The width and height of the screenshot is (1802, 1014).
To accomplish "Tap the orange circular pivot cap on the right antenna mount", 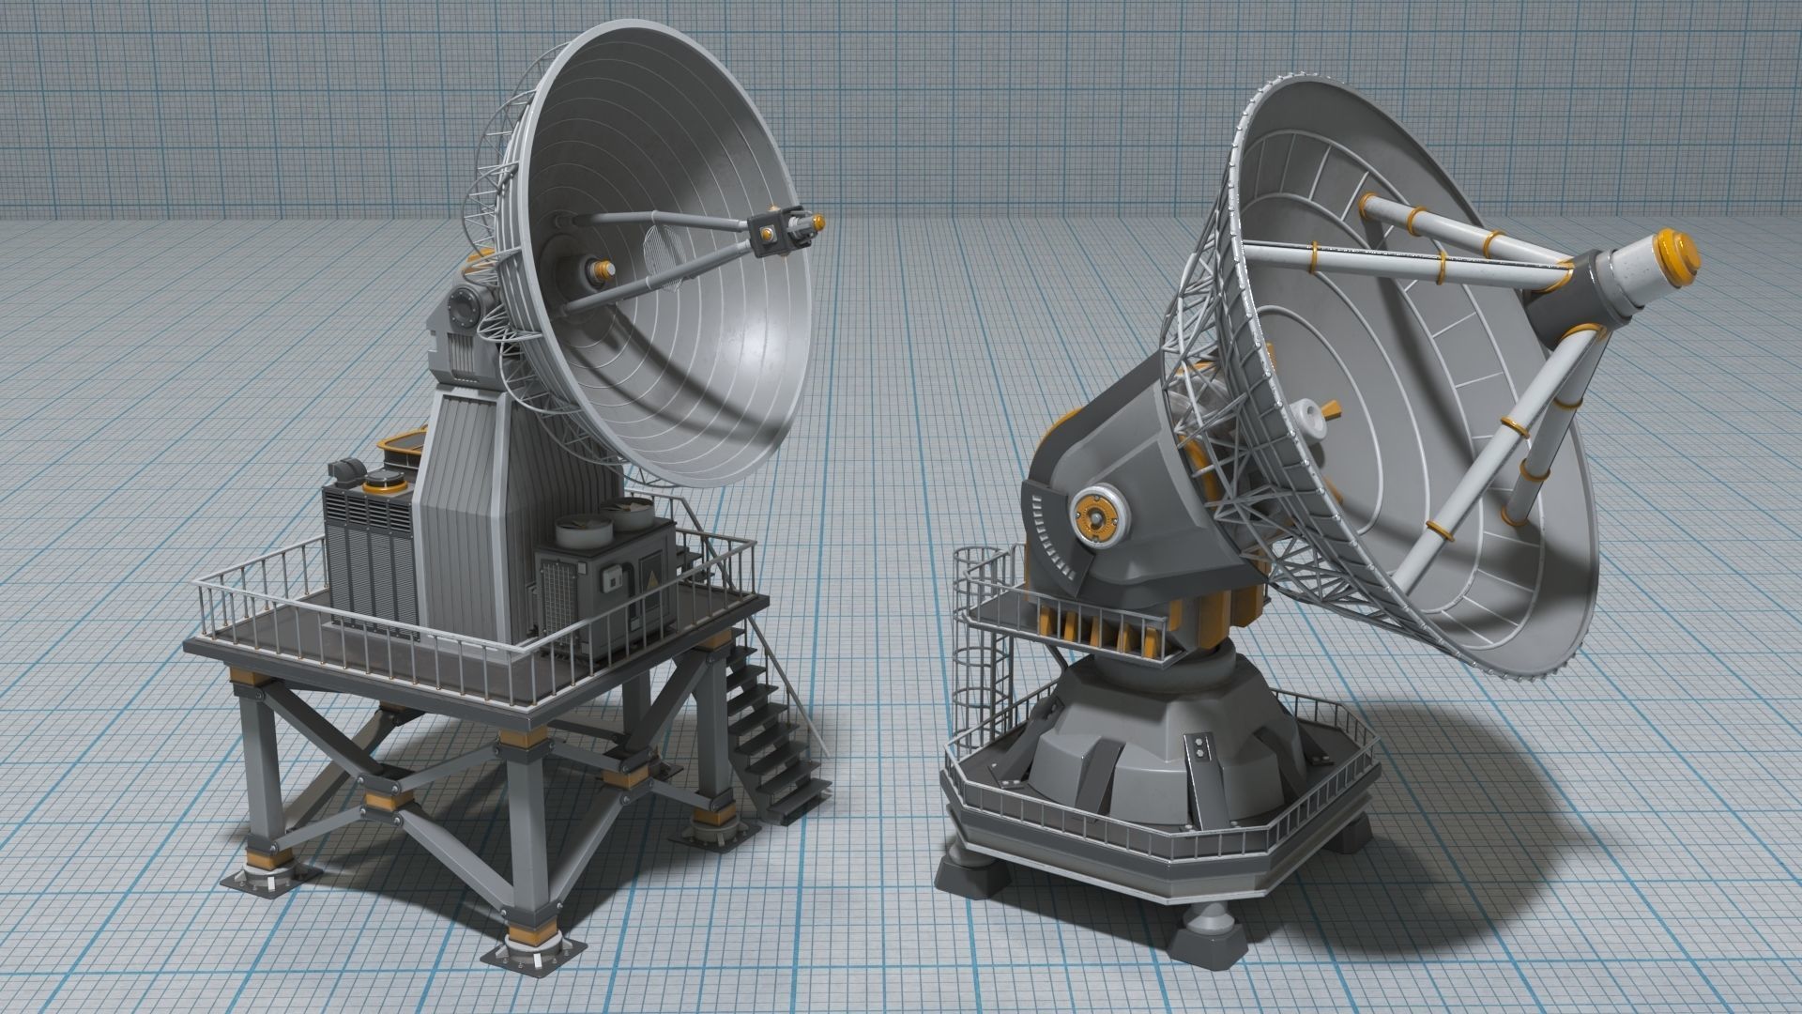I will pos(1093,516).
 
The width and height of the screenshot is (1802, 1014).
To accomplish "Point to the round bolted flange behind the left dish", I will pos(464,304).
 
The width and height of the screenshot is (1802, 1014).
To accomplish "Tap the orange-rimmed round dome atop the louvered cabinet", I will pos(383,483).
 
